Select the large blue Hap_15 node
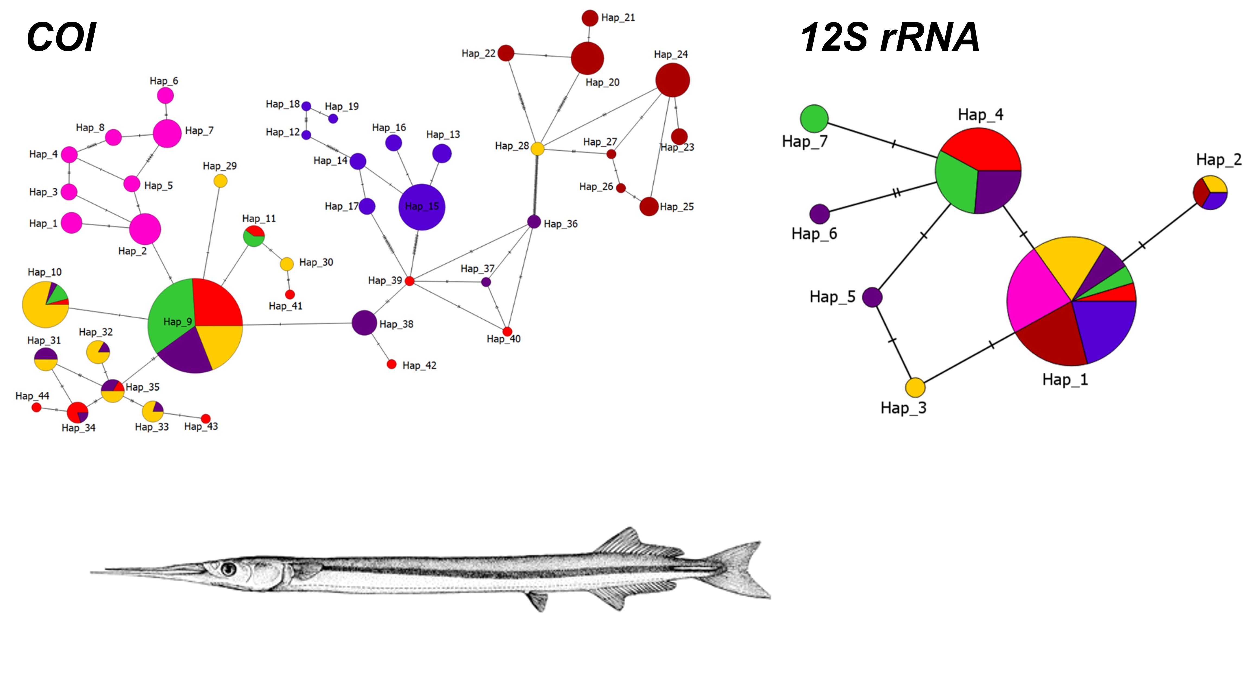[421, 207]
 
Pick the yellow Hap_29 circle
[220, 181]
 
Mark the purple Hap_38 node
[364, 323]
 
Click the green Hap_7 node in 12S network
[814, 118]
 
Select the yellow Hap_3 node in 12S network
[915, 387]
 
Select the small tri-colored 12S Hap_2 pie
[1210, 192]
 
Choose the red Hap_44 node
[36, 407]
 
